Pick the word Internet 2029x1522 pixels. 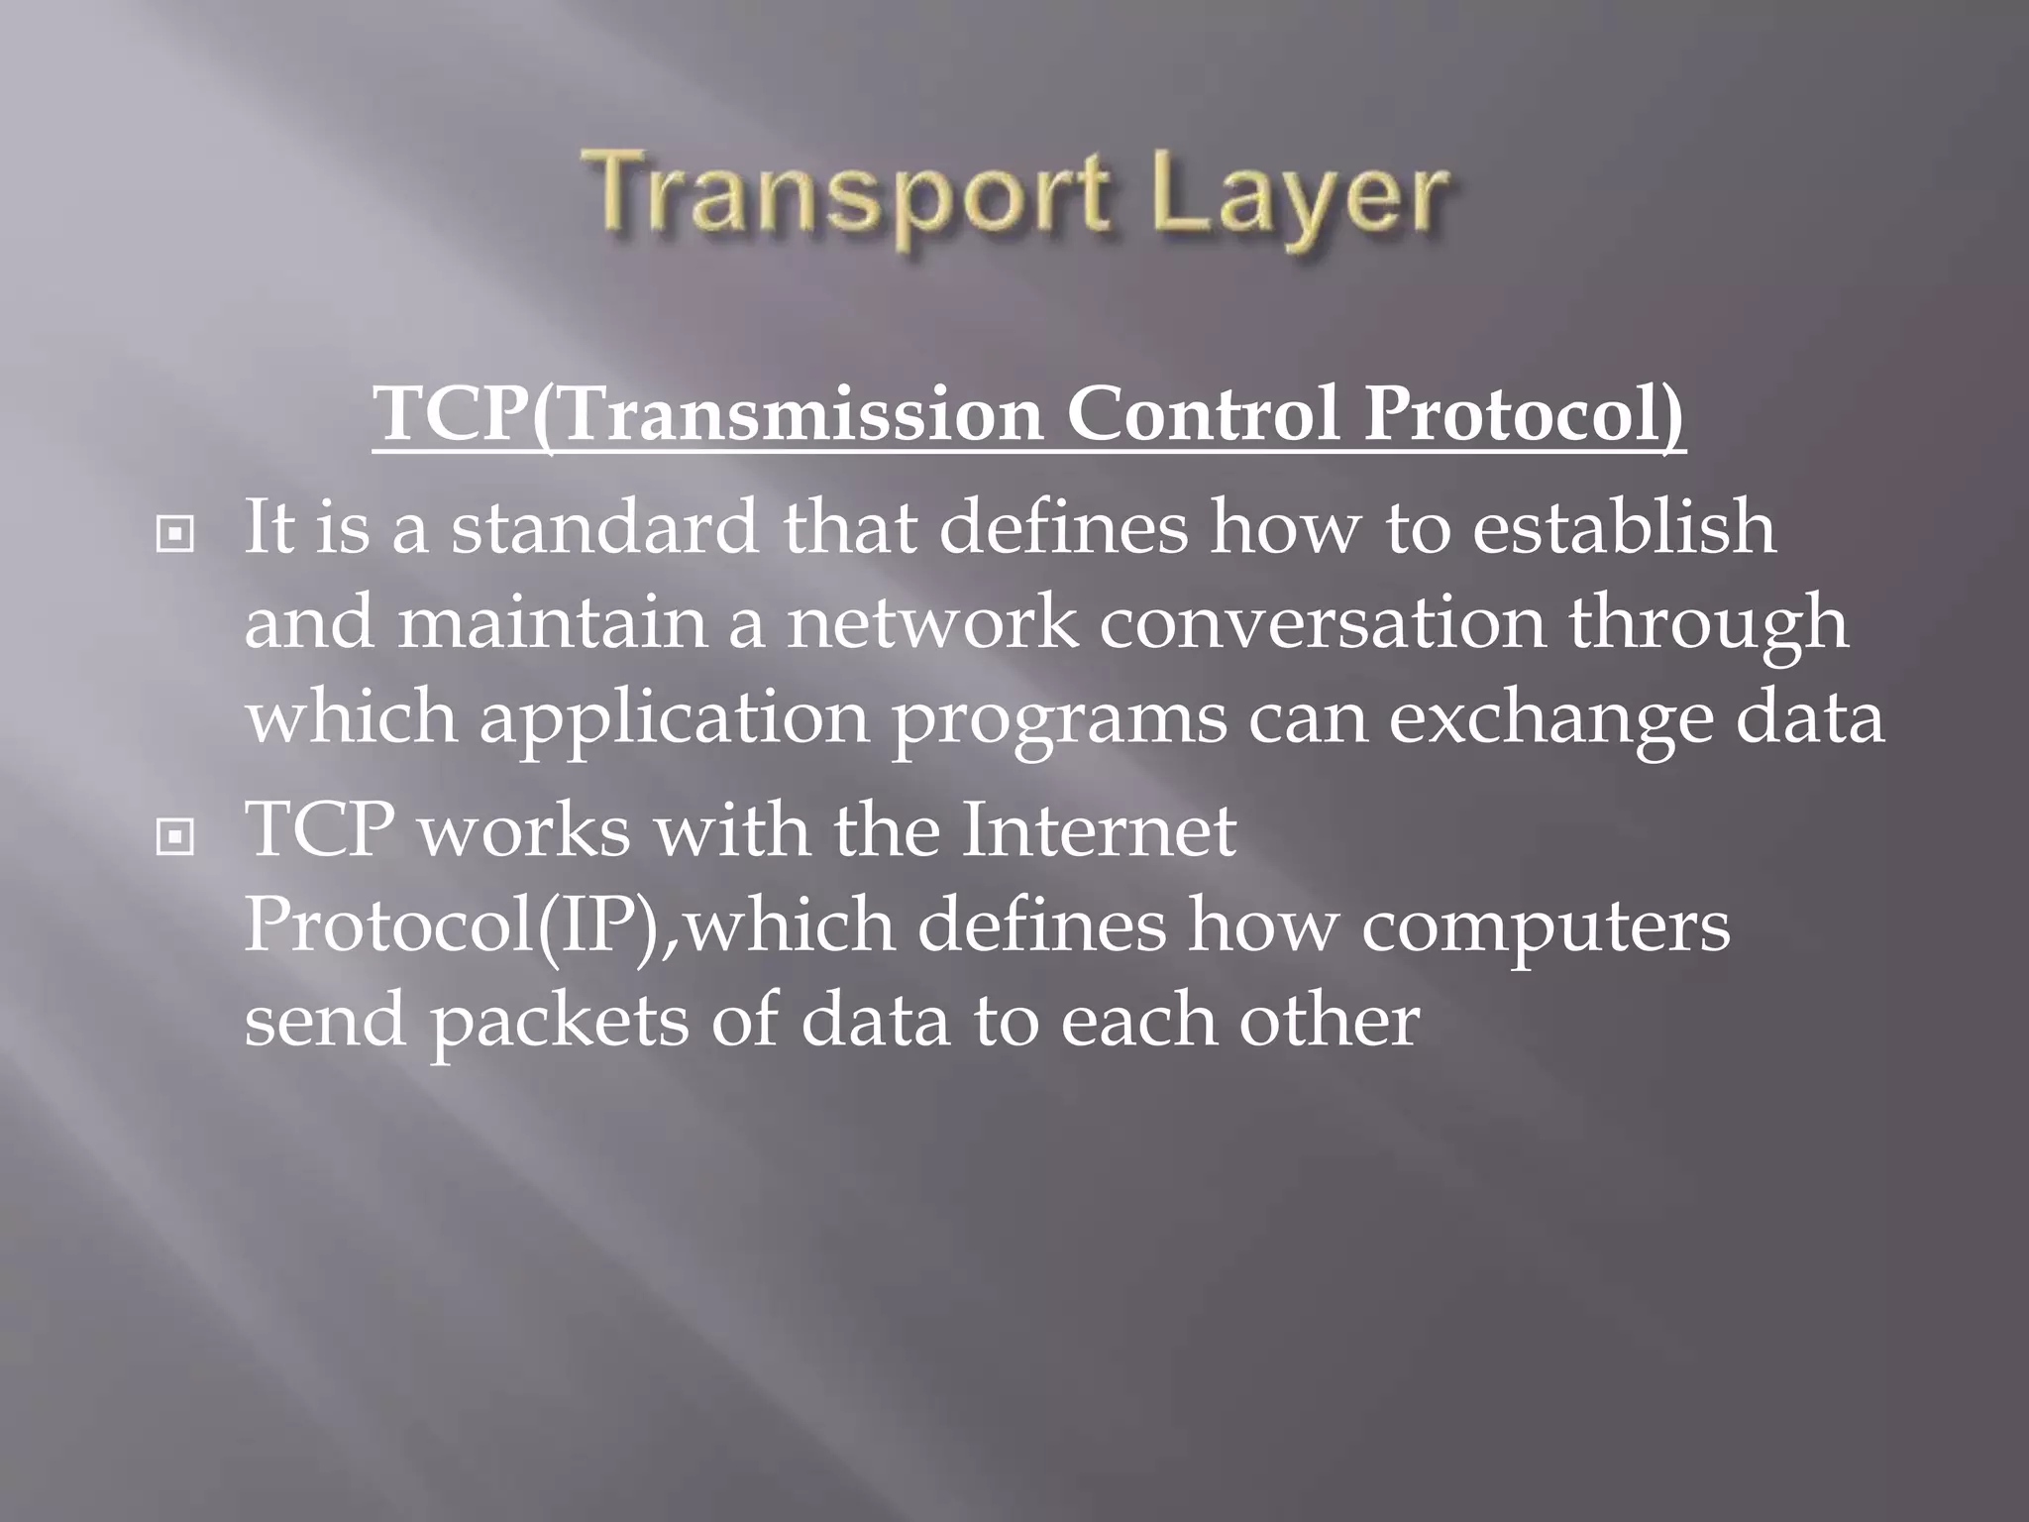(1099, 829)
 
